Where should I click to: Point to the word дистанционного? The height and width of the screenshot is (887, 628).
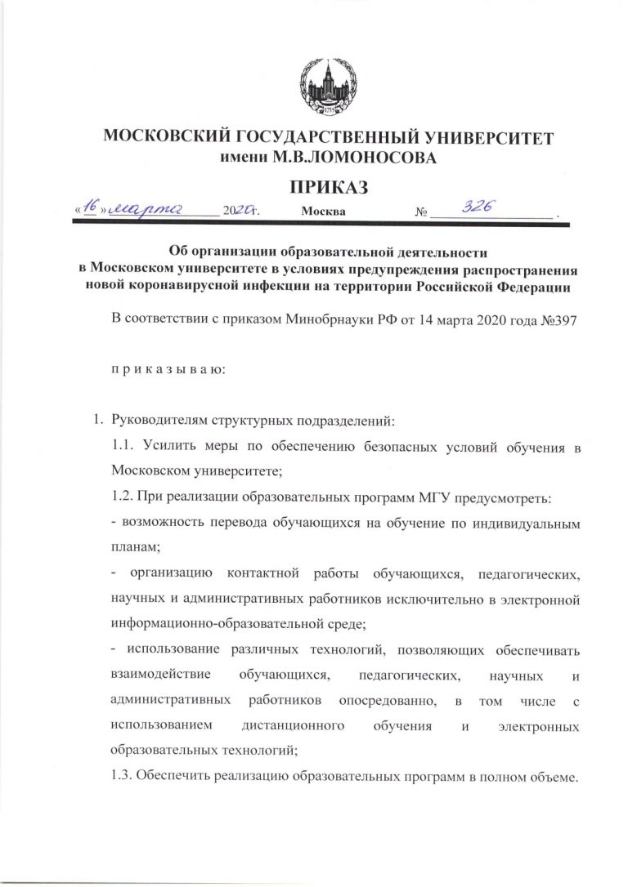pyautogui.click(x=294, y=726)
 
